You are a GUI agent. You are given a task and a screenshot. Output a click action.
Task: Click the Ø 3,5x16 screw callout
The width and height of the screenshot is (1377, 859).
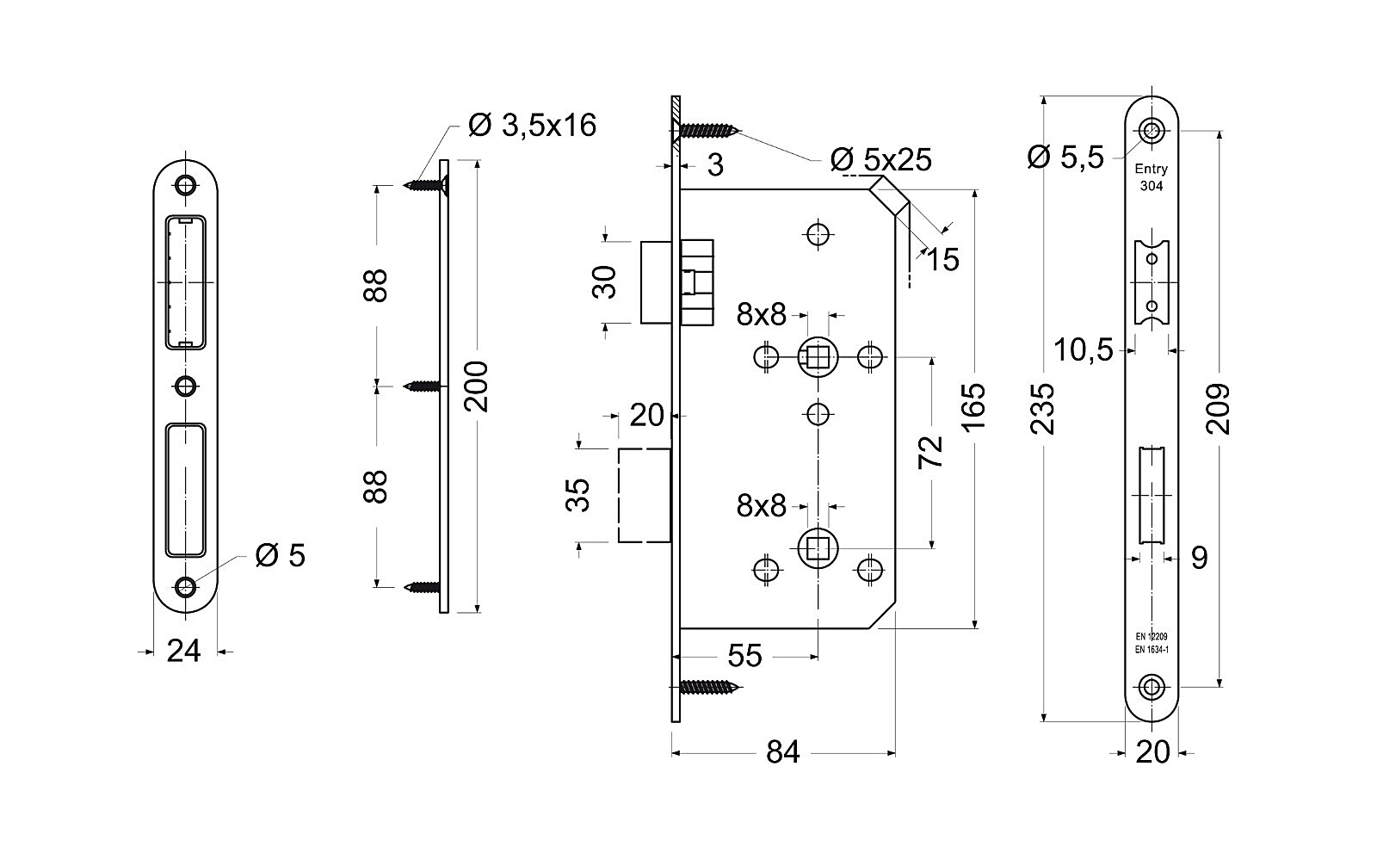pyautogui.click(x=532, y=126)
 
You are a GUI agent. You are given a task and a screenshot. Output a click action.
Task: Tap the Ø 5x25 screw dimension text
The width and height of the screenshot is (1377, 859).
pyautogui.click(x=881, y=160)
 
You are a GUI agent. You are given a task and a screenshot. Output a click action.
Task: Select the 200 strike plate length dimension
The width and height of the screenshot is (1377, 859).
pyautogui.click(x=477, y=386)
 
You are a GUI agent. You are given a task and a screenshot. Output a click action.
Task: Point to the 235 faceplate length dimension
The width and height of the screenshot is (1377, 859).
pyautogui.click(x=1042, y=409)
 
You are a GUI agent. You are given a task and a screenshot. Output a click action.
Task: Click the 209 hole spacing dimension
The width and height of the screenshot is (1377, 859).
pyautogui.click(x=1218, y=409)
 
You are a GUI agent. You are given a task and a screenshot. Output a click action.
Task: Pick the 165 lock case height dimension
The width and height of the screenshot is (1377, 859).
pyautogui.click(x=973, y=407)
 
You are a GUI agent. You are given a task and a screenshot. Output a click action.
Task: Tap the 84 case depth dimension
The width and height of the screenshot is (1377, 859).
pyautogui.click(x=783, y=752)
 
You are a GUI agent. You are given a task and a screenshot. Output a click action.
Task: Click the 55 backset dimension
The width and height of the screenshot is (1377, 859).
pyautogui.click(x=745, y=656)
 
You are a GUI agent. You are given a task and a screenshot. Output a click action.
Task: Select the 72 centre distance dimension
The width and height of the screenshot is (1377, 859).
pyautogui.click(x=930, y=452)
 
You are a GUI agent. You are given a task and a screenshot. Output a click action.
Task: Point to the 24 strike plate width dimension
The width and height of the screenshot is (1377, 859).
pyautogui.click(x=184, y=652)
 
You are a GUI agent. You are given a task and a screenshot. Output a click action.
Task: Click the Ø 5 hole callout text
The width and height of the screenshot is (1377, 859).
pyautogui.click(x=281, y=556)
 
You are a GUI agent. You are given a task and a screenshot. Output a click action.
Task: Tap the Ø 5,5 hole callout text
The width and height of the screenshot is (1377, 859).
pyautogui.click(x=1066, y=158)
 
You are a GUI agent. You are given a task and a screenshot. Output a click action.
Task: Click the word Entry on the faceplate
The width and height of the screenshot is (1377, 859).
pyautogui.click(x=1152, y=169)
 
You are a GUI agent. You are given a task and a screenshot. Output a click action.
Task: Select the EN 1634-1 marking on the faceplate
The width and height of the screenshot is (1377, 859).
pyautogui.click(x=1152, y=649)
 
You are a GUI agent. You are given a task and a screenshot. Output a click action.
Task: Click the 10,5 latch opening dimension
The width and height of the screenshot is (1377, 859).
pyautogui.click(x=1084, y=350)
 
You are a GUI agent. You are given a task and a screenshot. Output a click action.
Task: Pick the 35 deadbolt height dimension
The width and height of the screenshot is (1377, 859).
pyautogui.click(x=577, y=495)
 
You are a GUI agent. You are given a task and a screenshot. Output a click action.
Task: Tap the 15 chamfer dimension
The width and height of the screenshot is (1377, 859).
pyautogui.click(x=942, y=259)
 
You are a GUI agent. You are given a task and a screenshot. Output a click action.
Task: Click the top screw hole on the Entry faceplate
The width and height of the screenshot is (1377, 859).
pyautogui.click(x=1152, y=131)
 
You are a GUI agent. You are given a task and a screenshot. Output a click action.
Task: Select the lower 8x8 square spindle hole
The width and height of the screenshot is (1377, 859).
pyautogui.click(x=818, y=548)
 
